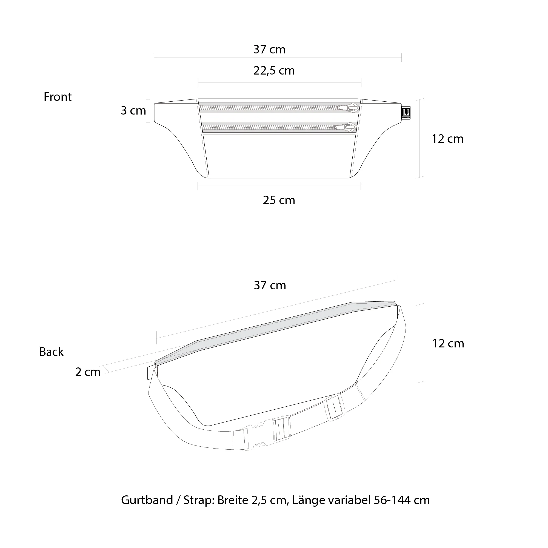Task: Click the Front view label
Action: point(58,97)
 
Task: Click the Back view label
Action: point(51,352)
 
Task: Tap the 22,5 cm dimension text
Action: point(274,71)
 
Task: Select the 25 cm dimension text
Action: point(279,200)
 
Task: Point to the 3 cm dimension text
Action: point(133,110)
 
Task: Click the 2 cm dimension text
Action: point(88,372)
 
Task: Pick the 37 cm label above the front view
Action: point(269,49)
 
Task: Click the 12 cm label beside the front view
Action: point(448,139)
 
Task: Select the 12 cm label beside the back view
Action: point(448,344)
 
